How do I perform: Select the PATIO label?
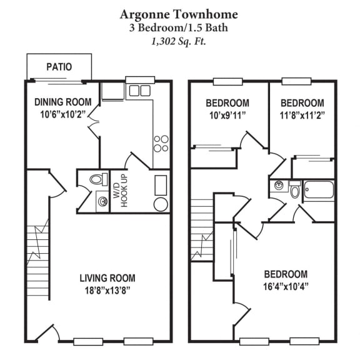59,67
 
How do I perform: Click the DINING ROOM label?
63,102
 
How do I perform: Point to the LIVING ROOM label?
107,278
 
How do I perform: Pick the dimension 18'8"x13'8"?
107,290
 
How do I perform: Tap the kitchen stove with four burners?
161,144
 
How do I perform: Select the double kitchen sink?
139,91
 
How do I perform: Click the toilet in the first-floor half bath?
96,180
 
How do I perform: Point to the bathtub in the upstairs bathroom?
319,190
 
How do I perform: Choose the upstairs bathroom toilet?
294,190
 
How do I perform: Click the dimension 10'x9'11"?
227,114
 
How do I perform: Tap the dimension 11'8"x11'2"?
302,114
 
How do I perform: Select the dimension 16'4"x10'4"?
286,286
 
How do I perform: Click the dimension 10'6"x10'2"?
63,114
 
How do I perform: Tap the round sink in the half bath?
102,201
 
